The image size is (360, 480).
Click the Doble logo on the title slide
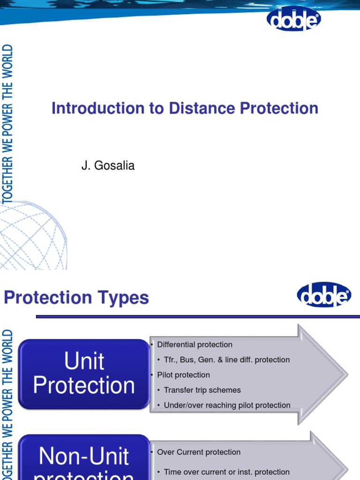coord(294,19)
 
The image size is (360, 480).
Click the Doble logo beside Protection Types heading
coord(324,295)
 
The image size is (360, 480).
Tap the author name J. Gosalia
coord(108,165)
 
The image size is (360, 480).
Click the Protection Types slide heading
coord(76,298)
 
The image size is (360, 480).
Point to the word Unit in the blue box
coord(84,361)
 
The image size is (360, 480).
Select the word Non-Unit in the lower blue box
coord(84,456)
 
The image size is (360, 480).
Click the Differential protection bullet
coord(195,345)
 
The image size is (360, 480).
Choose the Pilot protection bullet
coord(183,375)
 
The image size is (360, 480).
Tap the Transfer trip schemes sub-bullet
coord(202,390)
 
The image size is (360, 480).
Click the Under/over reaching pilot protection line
coord(227,405)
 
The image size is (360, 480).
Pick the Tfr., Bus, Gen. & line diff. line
coord(227,360)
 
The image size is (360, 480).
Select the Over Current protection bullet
coord(199,452)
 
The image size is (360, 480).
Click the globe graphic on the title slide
coord(33,237)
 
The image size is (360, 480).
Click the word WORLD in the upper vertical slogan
coord(7,57)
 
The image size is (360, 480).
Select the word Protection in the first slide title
coord(279,108)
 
